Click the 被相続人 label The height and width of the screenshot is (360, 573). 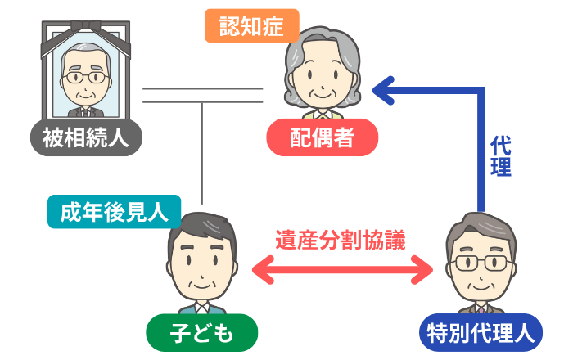[85, 137]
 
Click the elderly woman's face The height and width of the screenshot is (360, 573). [321, 82]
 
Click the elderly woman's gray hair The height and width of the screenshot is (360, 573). [321, 45]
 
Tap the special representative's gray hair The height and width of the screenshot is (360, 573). [483, 227]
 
